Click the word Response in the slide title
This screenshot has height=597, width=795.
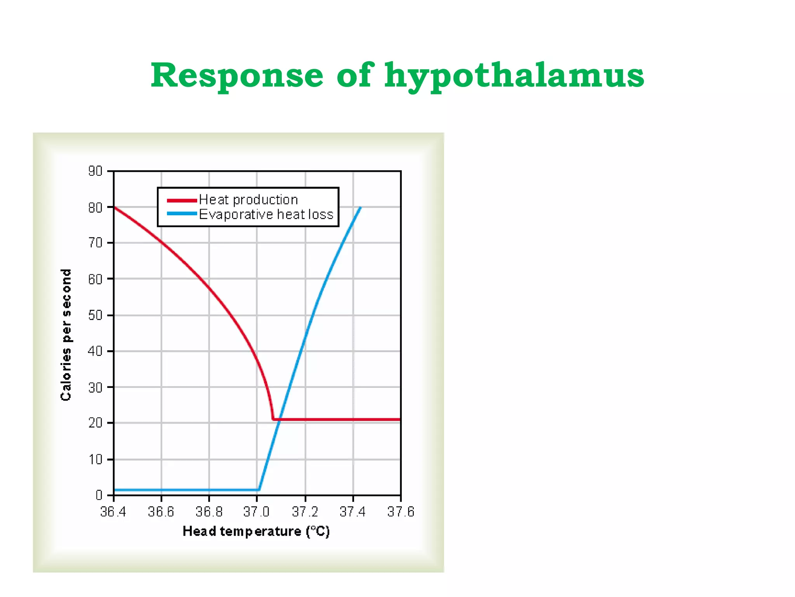click(x=237, y=75)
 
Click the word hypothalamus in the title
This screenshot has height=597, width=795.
click(x=514, y=76)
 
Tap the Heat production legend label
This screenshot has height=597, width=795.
click(x=248, y=200)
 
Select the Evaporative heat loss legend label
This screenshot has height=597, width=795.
click(x=266, y=215)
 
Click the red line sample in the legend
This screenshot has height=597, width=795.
click(x=182, y=201)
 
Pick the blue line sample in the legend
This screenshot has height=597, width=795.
click(x=182, y=214)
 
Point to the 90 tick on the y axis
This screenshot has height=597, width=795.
click(x=95, y=171)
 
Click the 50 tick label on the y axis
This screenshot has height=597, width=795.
click(x=95, y=315)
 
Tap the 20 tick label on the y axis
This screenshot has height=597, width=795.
click(x=95, y=423)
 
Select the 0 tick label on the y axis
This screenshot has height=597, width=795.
click(x=99, y=495)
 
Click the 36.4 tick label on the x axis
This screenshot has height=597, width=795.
click(x=113, y=512)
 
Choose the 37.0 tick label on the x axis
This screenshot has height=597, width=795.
click(x=256, y=512)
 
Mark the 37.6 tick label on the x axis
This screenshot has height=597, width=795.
click(x=401, y=512)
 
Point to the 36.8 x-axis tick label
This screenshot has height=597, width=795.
click(x=209, y=512)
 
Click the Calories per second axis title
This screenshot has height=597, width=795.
click(x=66, y=334)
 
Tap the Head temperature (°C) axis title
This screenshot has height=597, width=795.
click(x=256, y=531)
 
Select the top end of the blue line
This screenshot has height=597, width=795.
click(x=361, y=208)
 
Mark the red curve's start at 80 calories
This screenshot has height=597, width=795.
click(x=114, y=207)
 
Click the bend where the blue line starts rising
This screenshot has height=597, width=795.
click(x=259, y=489)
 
